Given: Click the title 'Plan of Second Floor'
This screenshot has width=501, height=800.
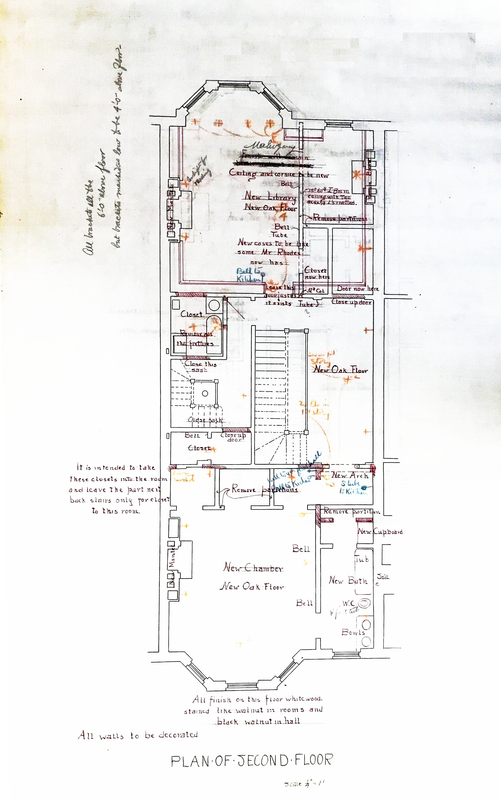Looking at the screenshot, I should click(252, 760).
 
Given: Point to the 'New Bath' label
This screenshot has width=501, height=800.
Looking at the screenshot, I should click(348, 580).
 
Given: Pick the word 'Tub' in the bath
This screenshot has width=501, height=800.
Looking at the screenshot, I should click(361, 559).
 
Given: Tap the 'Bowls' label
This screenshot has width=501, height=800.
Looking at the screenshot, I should click(353, 632).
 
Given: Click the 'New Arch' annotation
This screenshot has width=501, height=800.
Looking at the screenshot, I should click(350, 475).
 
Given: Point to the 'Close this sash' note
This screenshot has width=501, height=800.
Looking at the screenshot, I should click(200, 366).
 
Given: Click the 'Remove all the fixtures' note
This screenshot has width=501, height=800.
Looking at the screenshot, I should click(195, 339).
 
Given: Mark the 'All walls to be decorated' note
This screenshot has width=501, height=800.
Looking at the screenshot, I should click(138, 735).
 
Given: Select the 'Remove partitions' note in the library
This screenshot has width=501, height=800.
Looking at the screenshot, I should click(340, 218).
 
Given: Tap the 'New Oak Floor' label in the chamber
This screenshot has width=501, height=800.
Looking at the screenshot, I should click(252, 586).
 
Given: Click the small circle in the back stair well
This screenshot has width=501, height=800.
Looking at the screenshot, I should click(205, 393).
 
